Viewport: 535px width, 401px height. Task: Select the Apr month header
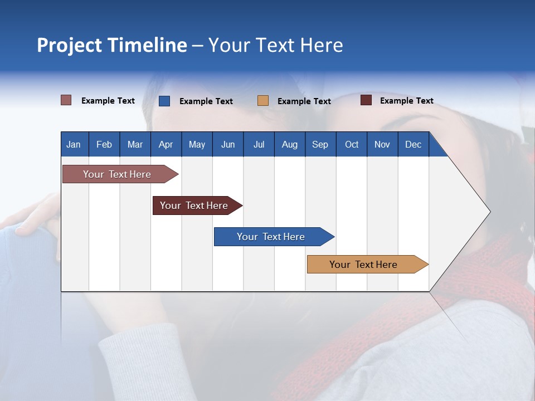coord(166,144)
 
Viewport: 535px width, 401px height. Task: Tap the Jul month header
coord(259,144)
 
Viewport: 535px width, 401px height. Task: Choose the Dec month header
coord(414,144)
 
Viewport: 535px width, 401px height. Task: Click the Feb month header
coord(104,144)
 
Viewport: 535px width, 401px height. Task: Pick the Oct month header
coord(352,144)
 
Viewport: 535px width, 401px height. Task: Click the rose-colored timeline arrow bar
coord(120,174)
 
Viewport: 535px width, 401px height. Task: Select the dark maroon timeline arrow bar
coord(197,206)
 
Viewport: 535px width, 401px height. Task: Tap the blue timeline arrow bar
coord(274,237)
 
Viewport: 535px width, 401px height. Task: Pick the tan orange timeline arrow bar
coord(368,264)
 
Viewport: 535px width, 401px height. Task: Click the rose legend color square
coord(66,100)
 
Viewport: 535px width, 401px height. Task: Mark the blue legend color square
coord(164,101)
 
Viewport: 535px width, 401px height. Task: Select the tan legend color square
coord(262,101)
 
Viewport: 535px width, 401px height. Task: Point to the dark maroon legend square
coord(366,100)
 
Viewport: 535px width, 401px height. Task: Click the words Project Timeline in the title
coord(112,45)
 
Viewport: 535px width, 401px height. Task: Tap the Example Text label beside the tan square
coord(304,101)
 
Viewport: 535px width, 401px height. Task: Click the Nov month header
coord(382,144)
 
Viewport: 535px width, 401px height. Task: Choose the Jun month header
coord(228,144)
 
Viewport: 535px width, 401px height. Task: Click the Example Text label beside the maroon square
coord(407,101)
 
